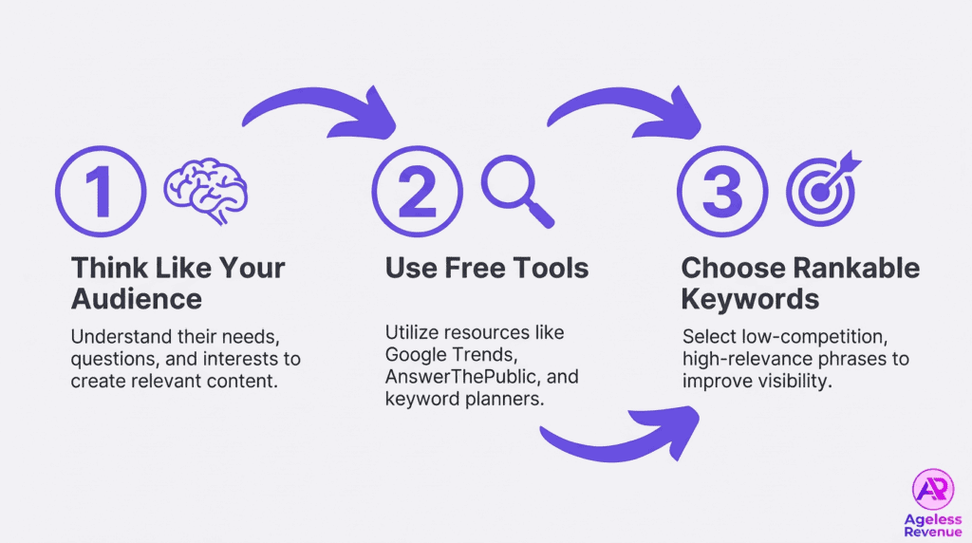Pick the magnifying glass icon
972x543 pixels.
516,190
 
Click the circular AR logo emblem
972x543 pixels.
932,490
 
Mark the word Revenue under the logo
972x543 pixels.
932,533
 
